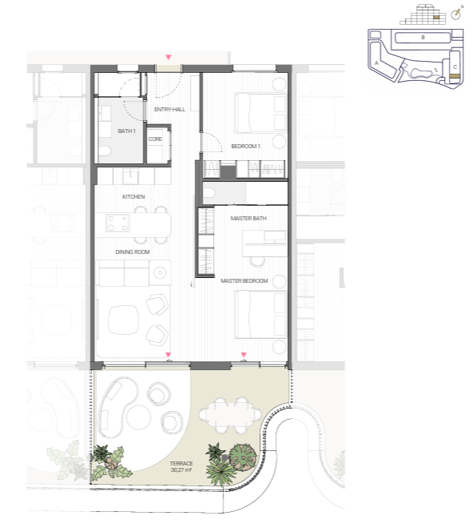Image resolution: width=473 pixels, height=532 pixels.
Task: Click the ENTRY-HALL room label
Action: pyautogui.click(x=170, y=109)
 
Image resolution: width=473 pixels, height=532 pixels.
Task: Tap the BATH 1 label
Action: pyautogui.click(x=126, y=131)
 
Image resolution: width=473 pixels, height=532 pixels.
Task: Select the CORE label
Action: pyautogui.click(x=155, y=139)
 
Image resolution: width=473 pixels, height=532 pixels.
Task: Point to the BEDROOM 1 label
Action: pyautogui.click(x=246, y=147)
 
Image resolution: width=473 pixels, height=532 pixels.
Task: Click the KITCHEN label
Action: pyautogui.click(x=134, y=197)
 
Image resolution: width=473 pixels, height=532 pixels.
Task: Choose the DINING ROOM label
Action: pyautogui.click(x=133, y=252)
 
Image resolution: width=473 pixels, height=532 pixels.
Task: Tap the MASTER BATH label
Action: pyautogui.click(x=248, y=219)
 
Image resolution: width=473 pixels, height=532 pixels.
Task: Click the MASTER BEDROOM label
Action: pyautogui.click(x=244, y=281)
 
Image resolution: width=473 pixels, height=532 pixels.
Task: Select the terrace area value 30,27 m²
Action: pyautogui.click(x=181, y=470)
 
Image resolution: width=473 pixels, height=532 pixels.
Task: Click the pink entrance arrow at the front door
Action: pyautogui.click(x=168, y=58)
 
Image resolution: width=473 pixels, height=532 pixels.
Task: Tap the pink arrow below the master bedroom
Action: pyautogui.click(x=243, y=355)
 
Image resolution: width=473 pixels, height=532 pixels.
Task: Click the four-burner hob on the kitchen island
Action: pyautogui.click(x=118, y=224)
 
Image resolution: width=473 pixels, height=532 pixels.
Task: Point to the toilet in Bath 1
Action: pyautogui.click(x=104, y=151)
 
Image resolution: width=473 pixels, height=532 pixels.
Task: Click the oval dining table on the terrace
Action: pyautogui.click(x=230, y=415)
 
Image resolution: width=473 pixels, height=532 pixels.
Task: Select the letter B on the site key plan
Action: pyautogui.click(x=423, y=38)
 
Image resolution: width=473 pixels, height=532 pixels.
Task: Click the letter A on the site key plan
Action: pyautogui.click(x=376, y=63)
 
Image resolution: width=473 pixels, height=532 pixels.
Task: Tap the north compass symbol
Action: pyautogui.click(x=457, y=14)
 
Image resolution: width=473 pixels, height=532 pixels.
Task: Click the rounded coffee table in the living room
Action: pyautogui.click(x=123, y=320)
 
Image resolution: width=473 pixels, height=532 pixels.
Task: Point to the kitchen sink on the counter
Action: pyautogui.click(x=130, y=175)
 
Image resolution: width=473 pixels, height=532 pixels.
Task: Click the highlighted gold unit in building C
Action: pyautogui.click(x=455, y=76)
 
